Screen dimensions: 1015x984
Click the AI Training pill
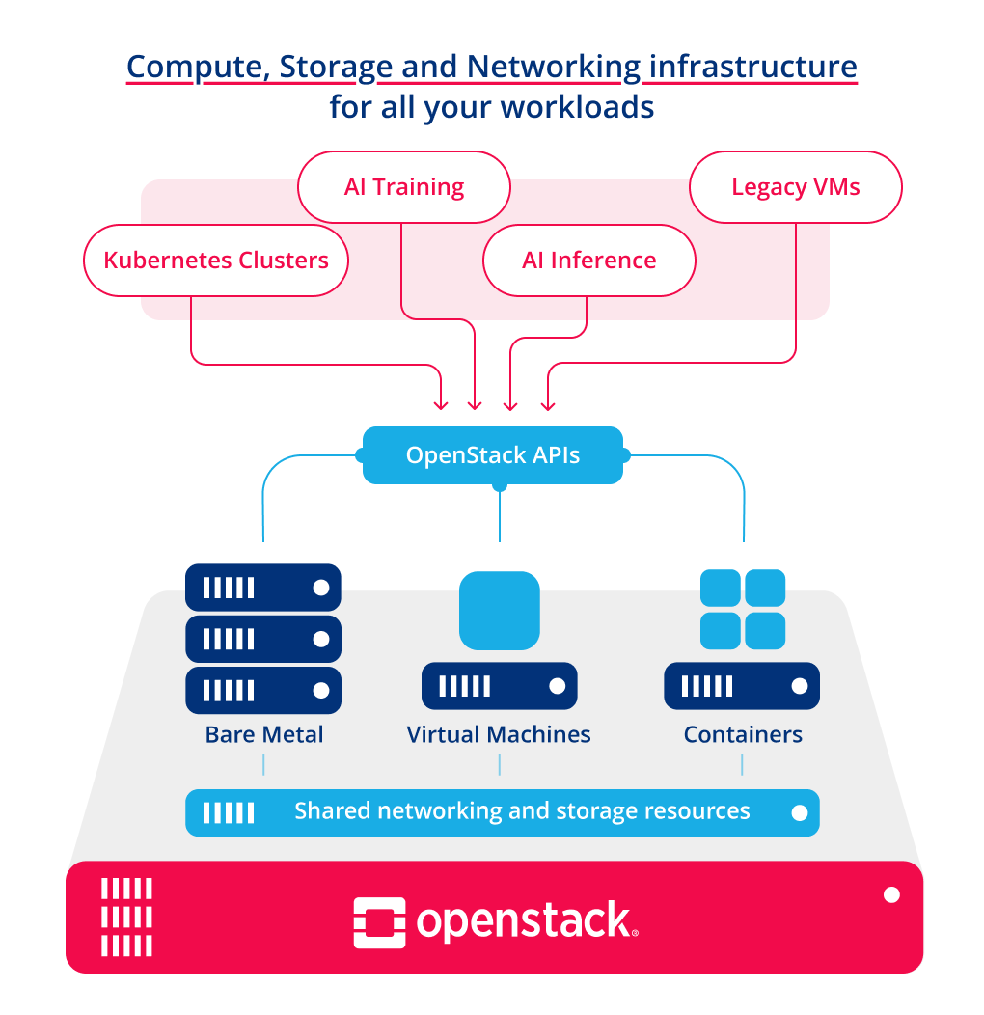tap(403, 187)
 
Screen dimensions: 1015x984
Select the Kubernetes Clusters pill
tap(215, 261)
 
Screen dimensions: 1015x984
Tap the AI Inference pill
tap(588, 261)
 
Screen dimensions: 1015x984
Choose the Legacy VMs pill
tap(796, 187)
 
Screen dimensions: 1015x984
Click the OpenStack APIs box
tap(493, 454)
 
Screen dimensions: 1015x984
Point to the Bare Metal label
tap(263, 734)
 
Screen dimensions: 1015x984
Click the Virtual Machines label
tap(499, 734)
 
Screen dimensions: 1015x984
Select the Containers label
tap(743, 734)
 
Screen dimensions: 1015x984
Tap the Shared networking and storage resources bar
tap(502, 811)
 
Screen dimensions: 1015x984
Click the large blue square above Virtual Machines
tap(499, 610)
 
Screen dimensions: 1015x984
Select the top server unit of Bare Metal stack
tap(263, 588)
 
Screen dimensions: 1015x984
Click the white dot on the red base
tap(891, 895)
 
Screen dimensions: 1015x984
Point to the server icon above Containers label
tap(742, 686)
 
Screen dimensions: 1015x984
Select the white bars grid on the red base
tap(126, 916)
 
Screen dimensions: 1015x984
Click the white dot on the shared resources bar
tap(799, 812)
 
